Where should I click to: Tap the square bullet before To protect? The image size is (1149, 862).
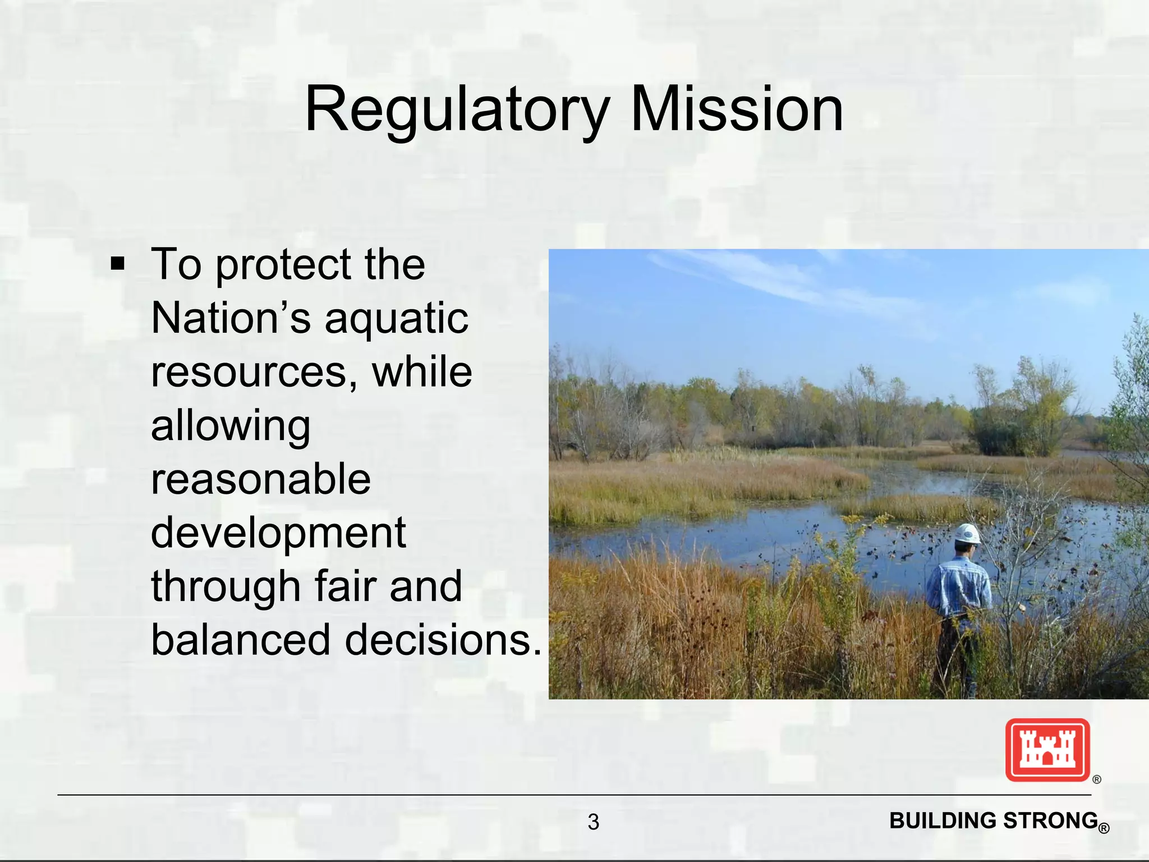point(117,263)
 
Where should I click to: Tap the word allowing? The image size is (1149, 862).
point(231,427)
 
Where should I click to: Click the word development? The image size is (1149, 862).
point(278,533)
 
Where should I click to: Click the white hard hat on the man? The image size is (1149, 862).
point(967,534)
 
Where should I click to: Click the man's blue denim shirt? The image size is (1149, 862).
point(958,587)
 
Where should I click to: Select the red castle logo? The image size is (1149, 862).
point(1047,750)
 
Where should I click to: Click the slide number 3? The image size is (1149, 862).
point(593,822)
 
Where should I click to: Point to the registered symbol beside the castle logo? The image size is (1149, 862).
point(1097,780)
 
